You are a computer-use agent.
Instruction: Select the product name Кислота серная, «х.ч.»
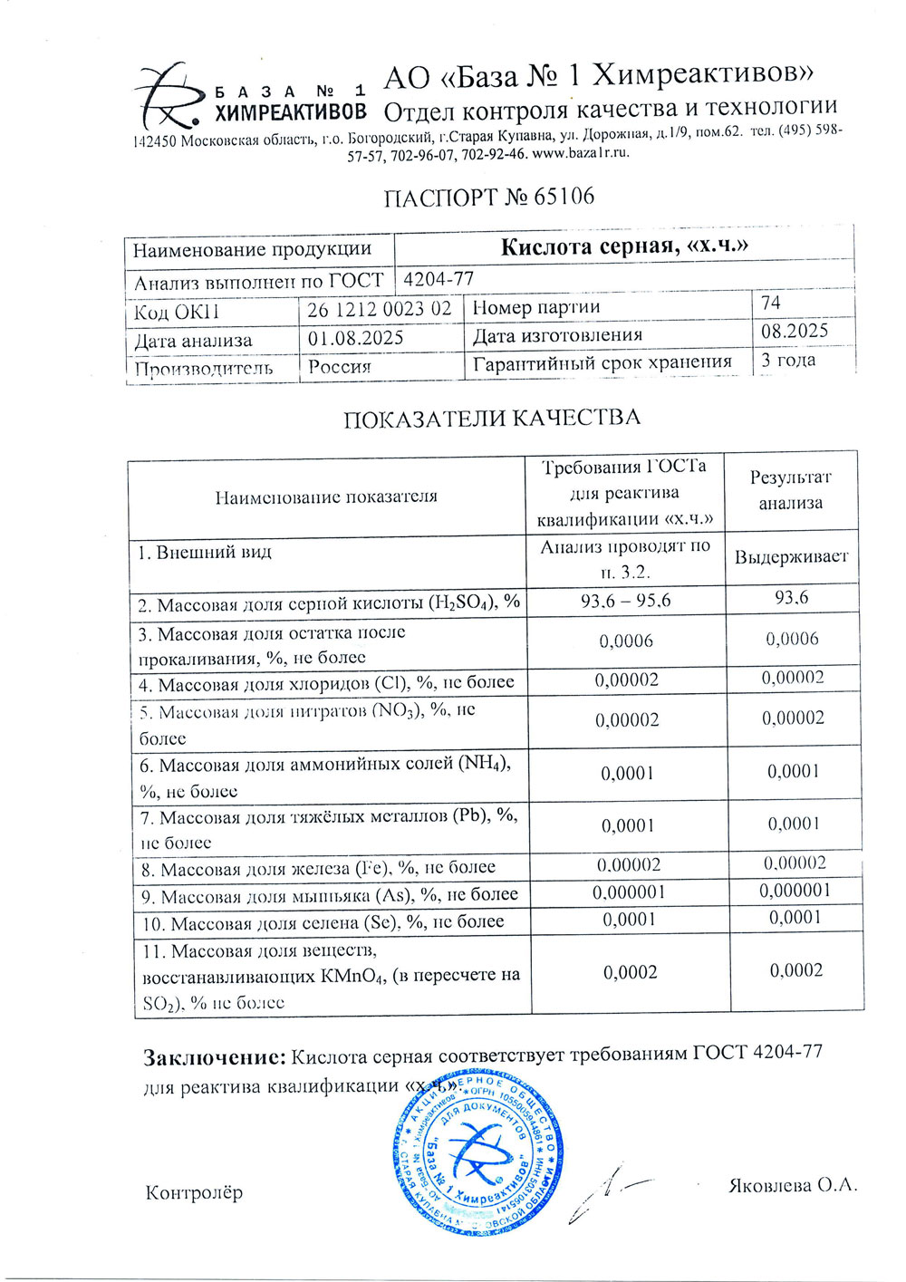tap(624, 246)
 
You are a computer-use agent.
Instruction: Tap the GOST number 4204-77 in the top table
tap(439, 279)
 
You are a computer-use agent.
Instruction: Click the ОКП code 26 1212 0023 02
tap(379, 309)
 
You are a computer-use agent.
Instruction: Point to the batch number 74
tap(770, 303)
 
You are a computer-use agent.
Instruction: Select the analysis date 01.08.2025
tap(355, 338)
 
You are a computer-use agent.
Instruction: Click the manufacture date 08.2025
tap(794, 331)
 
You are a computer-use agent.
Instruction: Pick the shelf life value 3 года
tap(787, 360)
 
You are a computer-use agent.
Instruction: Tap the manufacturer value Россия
tap(340, 367)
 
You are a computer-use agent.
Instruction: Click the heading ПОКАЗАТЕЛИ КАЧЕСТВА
tap(491, 418)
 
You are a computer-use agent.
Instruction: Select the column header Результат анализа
tap(790, 490)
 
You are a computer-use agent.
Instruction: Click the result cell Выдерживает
tap(791, 556)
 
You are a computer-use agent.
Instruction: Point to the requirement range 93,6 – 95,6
tap(626, 600)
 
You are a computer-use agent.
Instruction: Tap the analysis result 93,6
tap(791, 597)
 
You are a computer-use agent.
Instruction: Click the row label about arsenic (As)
tap(330, 896)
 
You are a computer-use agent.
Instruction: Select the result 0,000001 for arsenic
tap(795, 890)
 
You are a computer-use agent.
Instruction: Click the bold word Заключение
tap(215, 1056)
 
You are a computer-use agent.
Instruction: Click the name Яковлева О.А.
tap(792, 1185)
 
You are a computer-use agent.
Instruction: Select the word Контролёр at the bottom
tap(194, 1192)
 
